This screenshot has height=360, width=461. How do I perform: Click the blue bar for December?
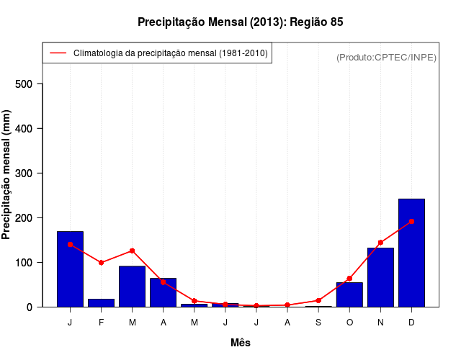point(411,252)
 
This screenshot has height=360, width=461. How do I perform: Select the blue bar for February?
point(101,302)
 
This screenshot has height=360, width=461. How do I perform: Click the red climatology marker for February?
point(101,263)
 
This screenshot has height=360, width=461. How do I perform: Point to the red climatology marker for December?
point(411,222)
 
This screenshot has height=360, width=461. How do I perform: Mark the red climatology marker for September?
point(318,300)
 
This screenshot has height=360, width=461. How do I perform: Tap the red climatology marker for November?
point(380,243)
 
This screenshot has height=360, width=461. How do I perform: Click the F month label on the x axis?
point(101,323)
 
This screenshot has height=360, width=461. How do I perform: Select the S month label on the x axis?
point(318,323)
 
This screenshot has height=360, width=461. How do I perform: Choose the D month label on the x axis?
point(411,323)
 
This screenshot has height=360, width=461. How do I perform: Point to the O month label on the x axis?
point(349,323)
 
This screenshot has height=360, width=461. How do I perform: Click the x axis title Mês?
point(241,343)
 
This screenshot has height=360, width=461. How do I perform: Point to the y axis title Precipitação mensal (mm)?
point(7,175)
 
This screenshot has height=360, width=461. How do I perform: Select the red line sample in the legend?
point(58,53)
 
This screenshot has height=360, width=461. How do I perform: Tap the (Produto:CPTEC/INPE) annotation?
point(387,58)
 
